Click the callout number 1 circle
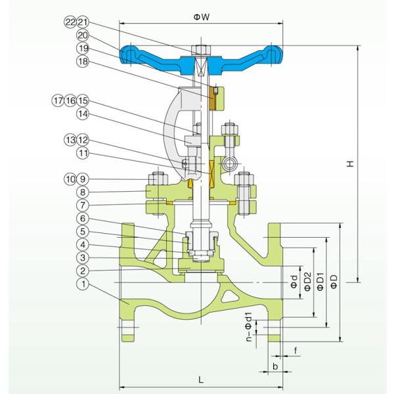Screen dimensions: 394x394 pos(81,284)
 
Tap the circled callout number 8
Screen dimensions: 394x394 pos(81,192)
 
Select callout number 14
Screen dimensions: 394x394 pos(81,114)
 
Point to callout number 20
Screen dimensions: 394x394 pos(81,35)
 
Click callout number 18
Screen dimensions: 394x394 pos(81,62)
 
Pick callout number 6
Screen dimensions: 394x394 pos(81,218)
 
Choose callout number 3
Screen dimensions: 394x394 pos(81,257)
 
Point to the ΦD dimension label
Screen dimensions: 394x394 pos(334,282)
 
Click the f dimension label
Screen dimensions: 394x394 pos(296,351)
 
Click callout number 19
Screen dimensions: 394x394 pos(81,49)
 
